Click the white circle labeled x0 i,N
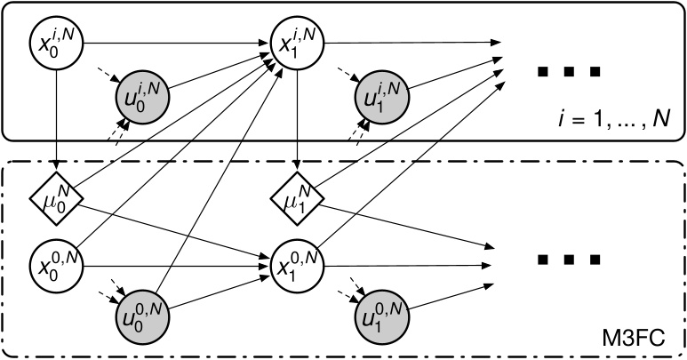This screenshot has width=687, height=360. [56, 40]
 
